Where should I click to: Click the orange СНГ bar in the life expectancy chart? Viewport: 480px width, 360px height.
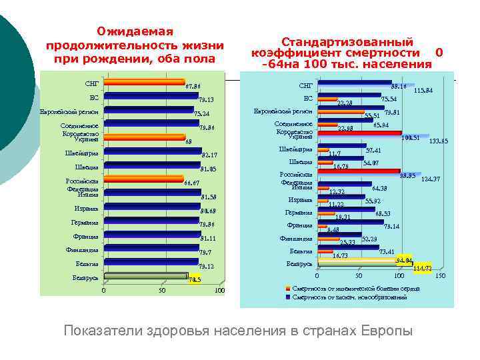pyautogui.click(x=144, y=83)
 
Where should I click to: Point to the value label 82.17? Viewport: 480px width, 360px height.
pyautogui.click(x=209, y=155)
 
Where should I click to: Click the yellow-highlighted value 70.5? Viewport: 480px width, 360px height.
pyautogui.click(x=194, y=280)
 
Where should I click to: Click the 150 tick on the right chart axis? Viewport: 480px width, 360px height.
pyautogui.click(x=439, y=275)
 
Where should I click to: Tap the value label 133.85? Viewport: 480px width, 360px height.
pyautogui.click(x=438, y=141)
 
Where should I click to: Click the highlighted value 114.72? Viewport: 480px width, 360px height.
pyautogui.click(x=423, y=268)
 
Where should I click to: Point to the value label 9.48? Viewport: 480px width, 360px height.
pyautogui.click(x=333, y=230)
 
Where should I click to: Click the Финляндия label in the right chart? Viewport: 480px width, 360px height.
pyautogui.click(x=296, y=239)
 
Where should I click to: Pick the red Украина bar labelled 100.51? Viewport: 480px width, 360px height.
pyautogui.click(x=359, y=137)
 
